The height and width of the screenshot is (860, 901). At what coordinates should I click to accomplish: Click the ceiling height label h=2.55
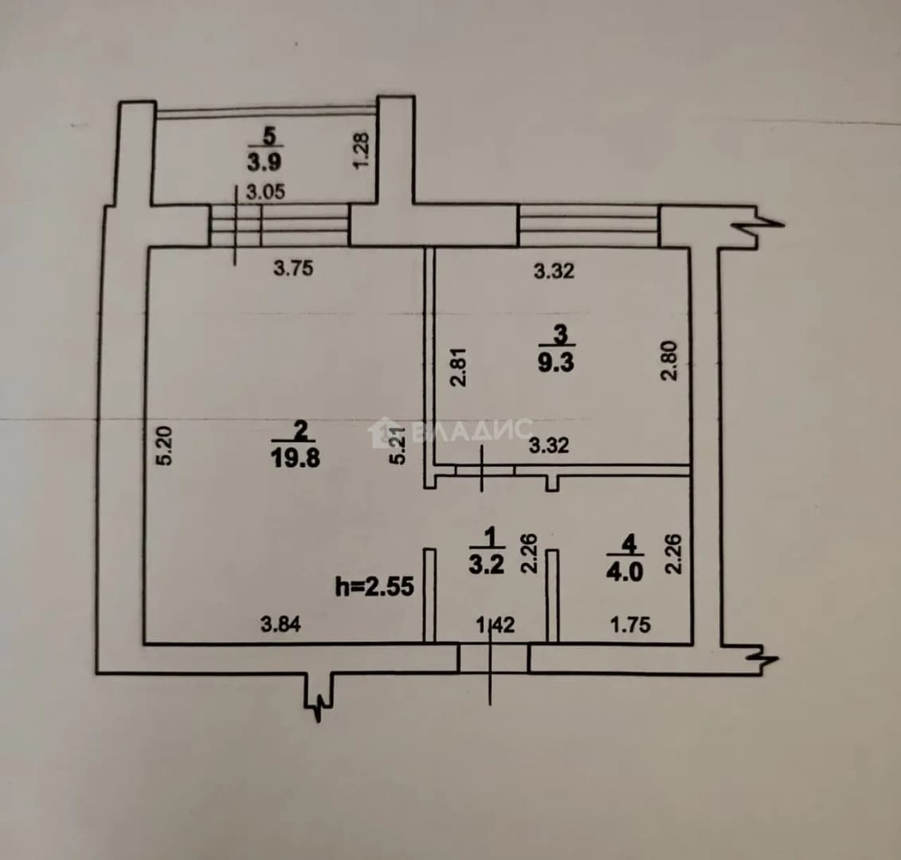click(374, 587)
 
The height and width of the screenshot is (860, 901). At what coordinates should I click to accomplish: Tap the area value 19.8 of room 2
click(296, 459)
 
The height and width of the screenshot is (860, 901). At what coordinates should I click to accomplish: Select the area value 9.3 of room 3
click(555, 363)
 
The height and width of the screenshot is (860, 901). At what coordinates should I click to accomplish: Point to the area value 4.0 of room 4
click(625, 573)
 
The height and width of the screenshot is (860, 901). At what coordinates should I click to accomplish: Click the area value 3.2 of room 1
click(487, 565)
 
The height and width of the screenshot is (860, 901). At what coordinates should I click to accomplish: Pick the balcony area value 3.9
click(264, 162)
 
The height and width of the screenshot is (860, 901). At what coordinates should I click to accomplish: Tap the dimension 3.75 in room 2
click(293, 268)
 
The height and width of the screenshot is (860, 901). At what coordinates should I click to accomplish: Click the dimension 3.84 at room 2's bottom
click(280, 623)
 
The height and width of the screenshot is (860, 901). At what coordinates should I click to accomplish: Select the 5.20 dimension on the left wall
click(164, 445)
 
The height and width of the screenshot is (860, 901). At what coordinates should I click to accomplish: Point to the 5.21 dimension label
click(398, 444)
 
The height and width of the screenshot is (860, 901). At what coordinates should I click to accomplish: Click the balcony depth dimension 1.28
click(361, 150)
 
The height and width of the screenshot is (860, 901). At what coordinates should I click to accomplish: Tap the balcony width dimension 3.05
click(265, 192)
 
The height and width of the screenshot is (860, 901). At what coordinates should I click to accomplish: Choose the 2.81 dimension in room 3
click(459, 367)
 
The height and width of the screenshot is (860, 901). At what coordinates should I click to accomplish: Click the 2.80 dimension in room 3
click(670, 361)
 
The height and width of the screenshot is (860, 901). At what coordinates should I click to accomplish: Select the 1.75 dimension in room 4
click(630, 624)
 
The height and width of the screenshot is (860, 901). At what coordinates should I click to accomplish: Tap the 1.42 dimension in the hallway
click(496, 624)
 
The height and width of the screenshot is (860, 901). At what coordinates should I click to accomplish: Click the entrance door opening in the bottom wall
click(494, 659)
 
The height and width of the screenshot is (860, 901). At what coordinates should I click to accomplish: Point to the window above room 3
click(589, 226)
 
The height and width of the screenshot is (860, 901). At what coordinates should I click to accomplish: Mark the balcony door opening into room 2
click(280, 225)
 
